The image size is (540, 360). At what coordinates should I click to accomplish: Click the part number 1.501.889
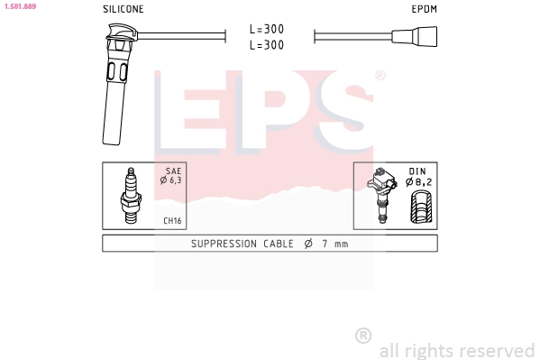pyautogui.click(x=19, y=6)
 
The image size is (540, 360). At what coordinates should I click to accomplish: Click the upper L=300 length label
pyautogui.click(x=268, y=29)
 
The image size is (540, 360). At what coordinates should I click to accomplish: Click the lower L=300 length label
pyautogui.click(x=268, y=44)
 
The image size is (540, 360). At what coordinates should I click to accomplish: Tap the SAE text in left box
pyautogui.click(x=174, y=171)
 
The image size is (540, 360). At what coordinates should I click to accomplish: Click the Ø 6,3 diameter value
pyautogui.click(x=171, y=180)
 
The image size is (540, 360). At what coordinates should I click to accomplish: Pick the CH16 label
pyautogui.click(x=172, y=221)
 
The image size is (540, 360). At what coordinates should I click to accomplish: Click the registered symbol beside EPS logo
pyautogui.click(x=380, y=76)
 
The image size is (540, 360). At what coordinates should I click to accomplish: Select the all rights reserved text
pyautogui.click(x=456, y=350)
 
